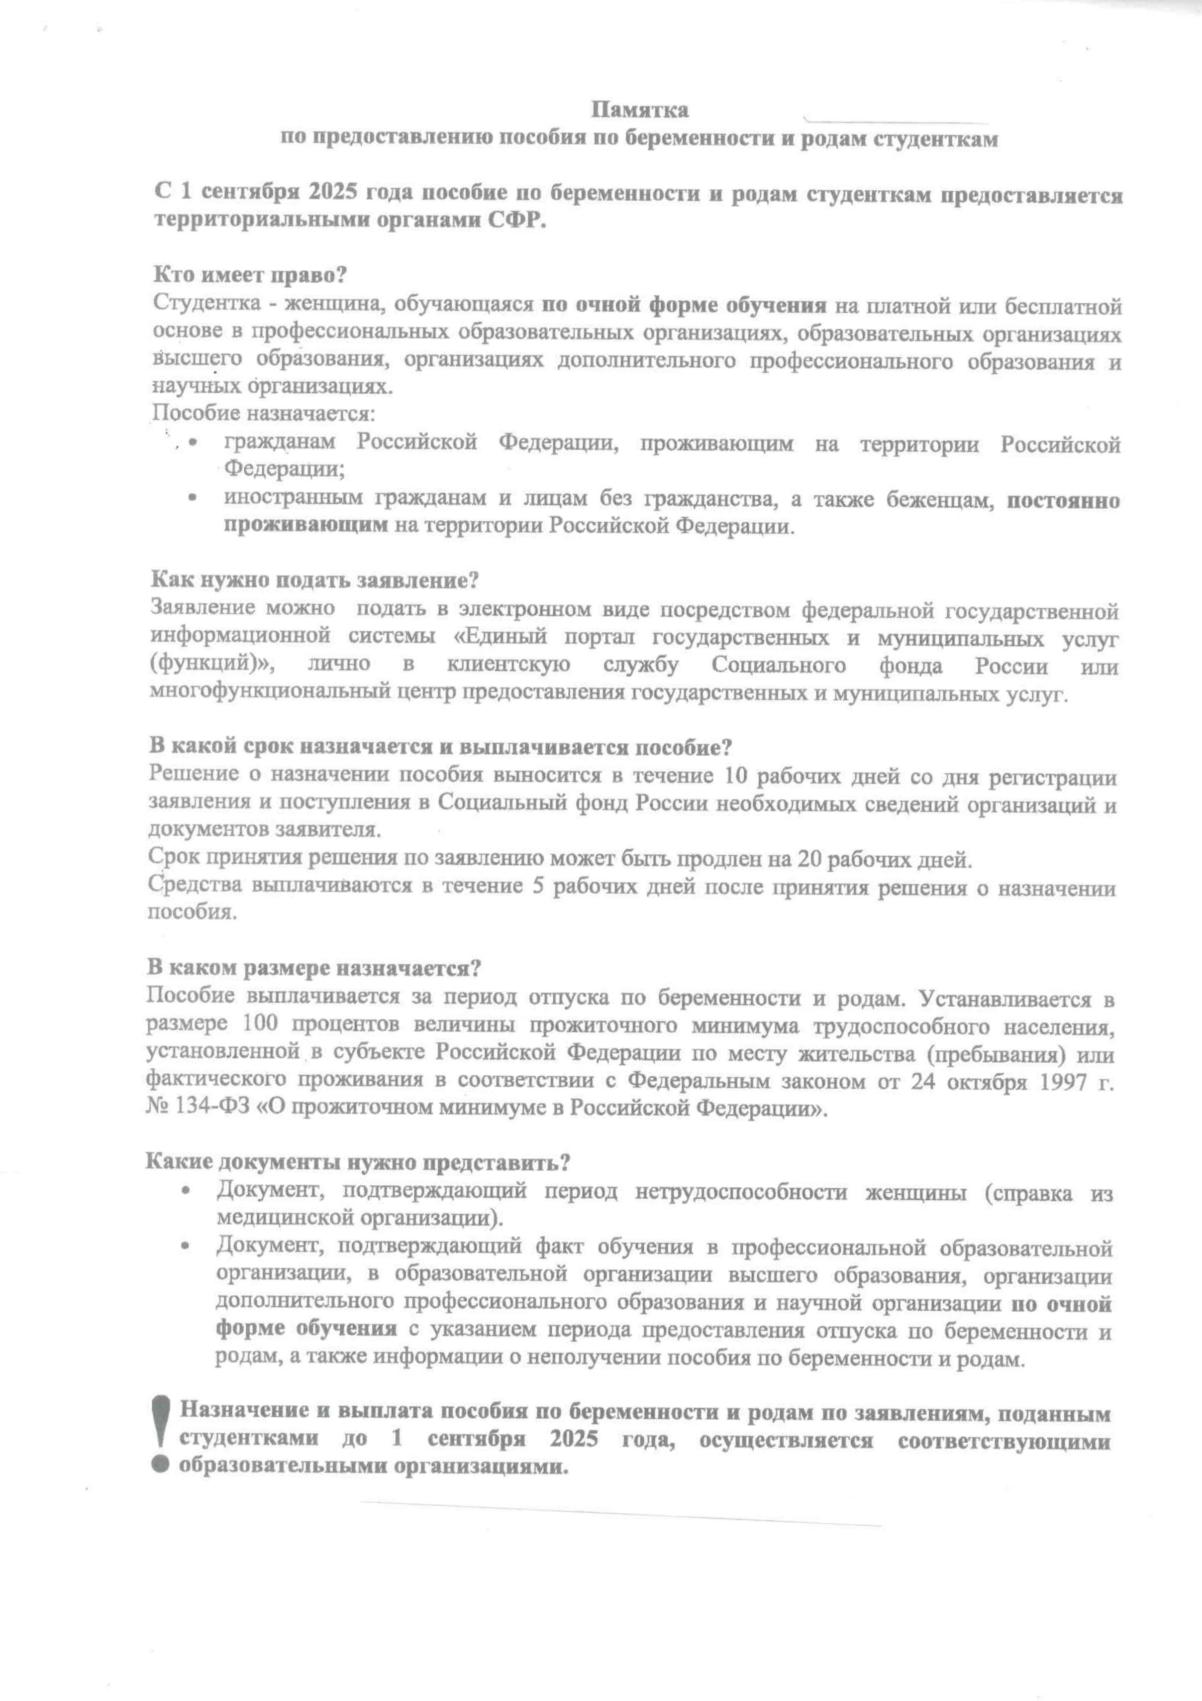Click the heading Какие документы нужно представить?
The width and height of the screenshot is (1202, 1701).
pyautogui.click(x=357, y=1162)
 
